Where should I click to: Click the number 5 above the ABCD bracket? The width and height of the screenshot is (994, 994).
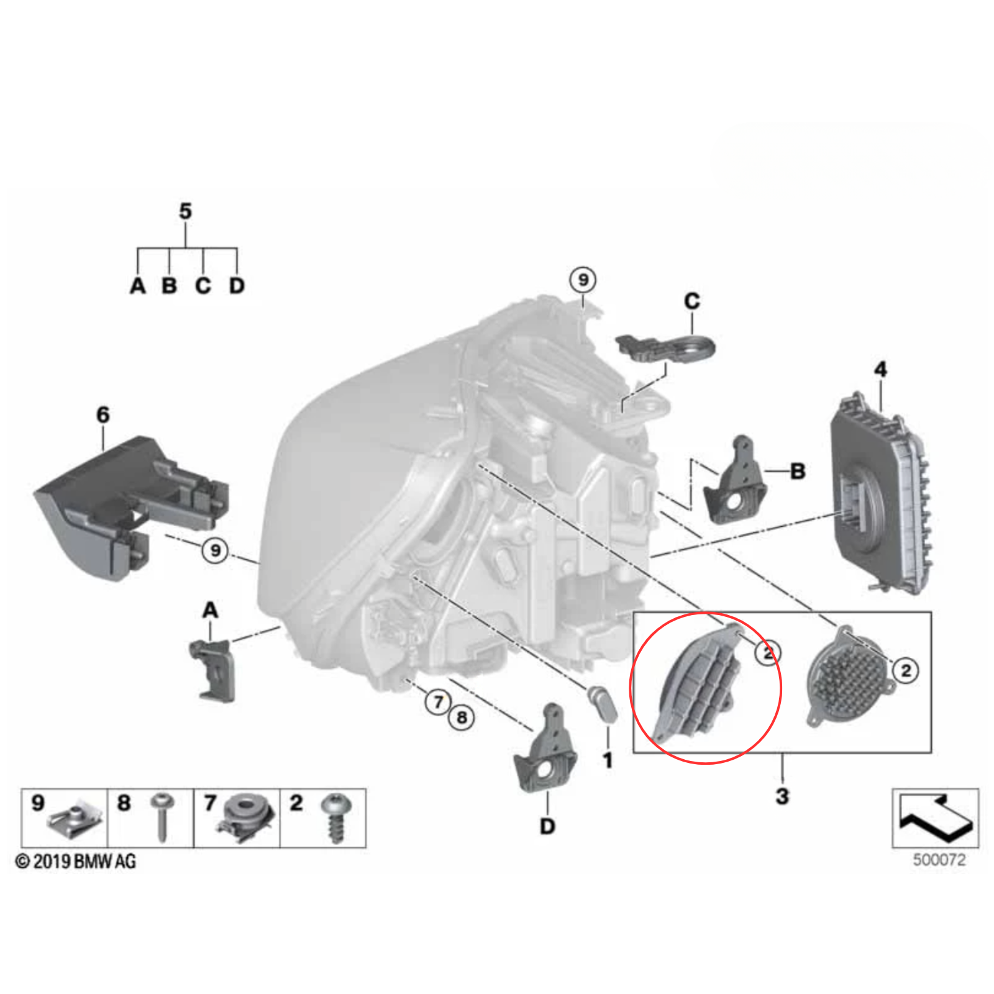click(185, 211)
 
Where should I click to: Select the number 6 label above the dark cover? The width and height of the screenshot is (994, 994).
click(103, 414)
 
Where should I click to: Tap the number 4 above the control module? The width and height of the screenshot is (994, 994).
click(880, 370)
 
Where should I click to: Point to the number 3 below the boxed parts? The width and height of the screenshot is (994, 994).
click(782, 796)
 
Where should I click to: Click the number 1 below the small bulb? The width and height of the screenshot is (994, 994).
click(608, 760)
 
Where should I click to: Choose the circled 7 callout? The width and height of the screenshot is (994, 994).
click(439, 702)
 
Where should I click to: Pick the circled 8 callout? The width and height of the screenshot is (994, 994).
click(462, 718)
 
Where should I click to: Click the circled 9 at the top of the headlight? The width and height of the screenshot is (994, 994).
click(583, 280)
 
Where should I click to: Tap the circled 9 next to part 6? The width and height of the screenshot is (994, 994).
click(215, 550)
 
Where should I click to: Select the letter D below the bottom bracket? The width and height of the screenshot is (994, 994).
click(547, 826)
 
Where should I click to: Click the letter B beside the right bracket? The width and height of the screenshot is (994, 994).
click(798, 472)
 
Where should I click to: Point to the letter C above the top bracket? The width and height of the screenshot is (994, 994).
click(692, 301)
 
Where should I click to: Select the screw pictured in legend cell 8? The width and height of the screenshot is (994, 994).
click(162, 816)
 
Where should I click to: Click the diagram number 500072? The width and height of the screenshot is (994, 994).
click(939, 860)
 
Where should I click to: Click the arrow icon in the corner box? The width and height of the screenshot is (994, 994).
click(936, 817)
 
